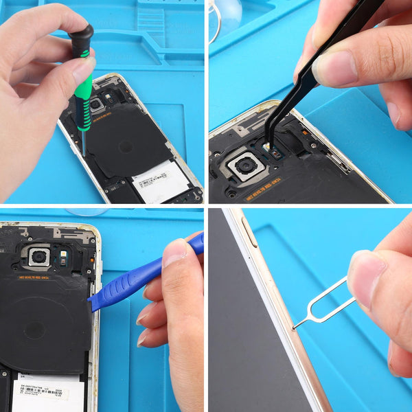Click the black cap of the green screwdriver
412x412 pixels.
coord(82,38)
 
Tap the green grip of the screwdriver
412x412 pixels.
coord(83,103)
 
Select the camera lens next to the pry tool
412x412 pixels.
coord(39,256)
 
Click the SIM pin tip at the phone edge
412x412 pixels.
coord(295,328)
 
